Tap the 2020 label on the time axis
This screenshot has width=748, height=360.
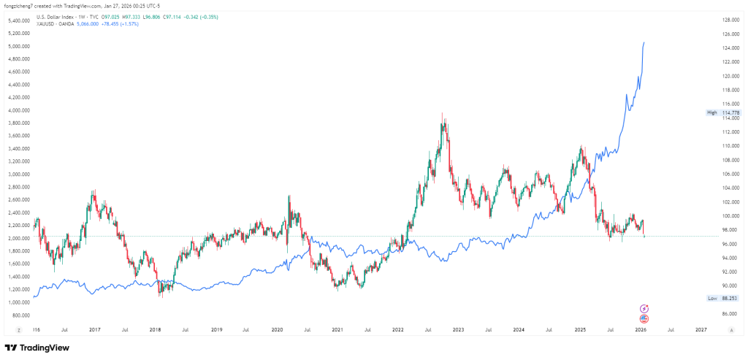pos(277,330)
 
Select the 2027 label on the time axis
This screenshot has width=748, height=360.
pos(701,330)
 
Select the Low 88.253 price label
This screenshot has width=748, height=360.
pos(723,298)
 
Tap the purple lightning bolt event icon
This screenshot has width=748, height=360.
pos(644,309)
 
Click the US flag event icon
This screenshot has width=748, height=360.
pos(644,319)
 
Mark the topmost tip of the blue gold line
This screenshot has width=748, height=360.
pos(644,42)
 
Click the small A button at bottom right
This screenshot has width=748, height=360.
pos(730,330)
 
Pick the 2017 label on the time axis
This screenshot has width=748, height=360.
pos(94,330)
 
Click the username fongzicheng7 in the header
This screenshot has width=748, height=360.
pos(20,6)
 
